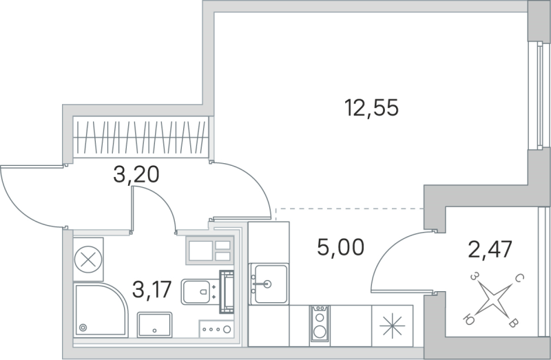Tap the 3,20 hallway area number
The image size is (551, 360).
tap(136, 174)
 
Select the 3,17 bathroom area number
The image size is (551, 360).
tap(152, 292)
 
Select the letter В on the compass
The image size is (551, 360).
tap(513, 322)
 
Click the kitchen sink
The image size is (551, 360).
tap(268, 282)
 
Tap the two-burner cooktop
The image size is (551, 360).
tap(319, 324)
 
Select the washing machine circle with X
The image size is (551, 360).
tap(87, 260)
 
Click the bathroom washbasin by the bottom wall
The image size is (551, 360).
tap(154, 324)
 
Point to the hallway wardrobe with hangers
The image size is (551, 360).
tap(141, 137)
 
